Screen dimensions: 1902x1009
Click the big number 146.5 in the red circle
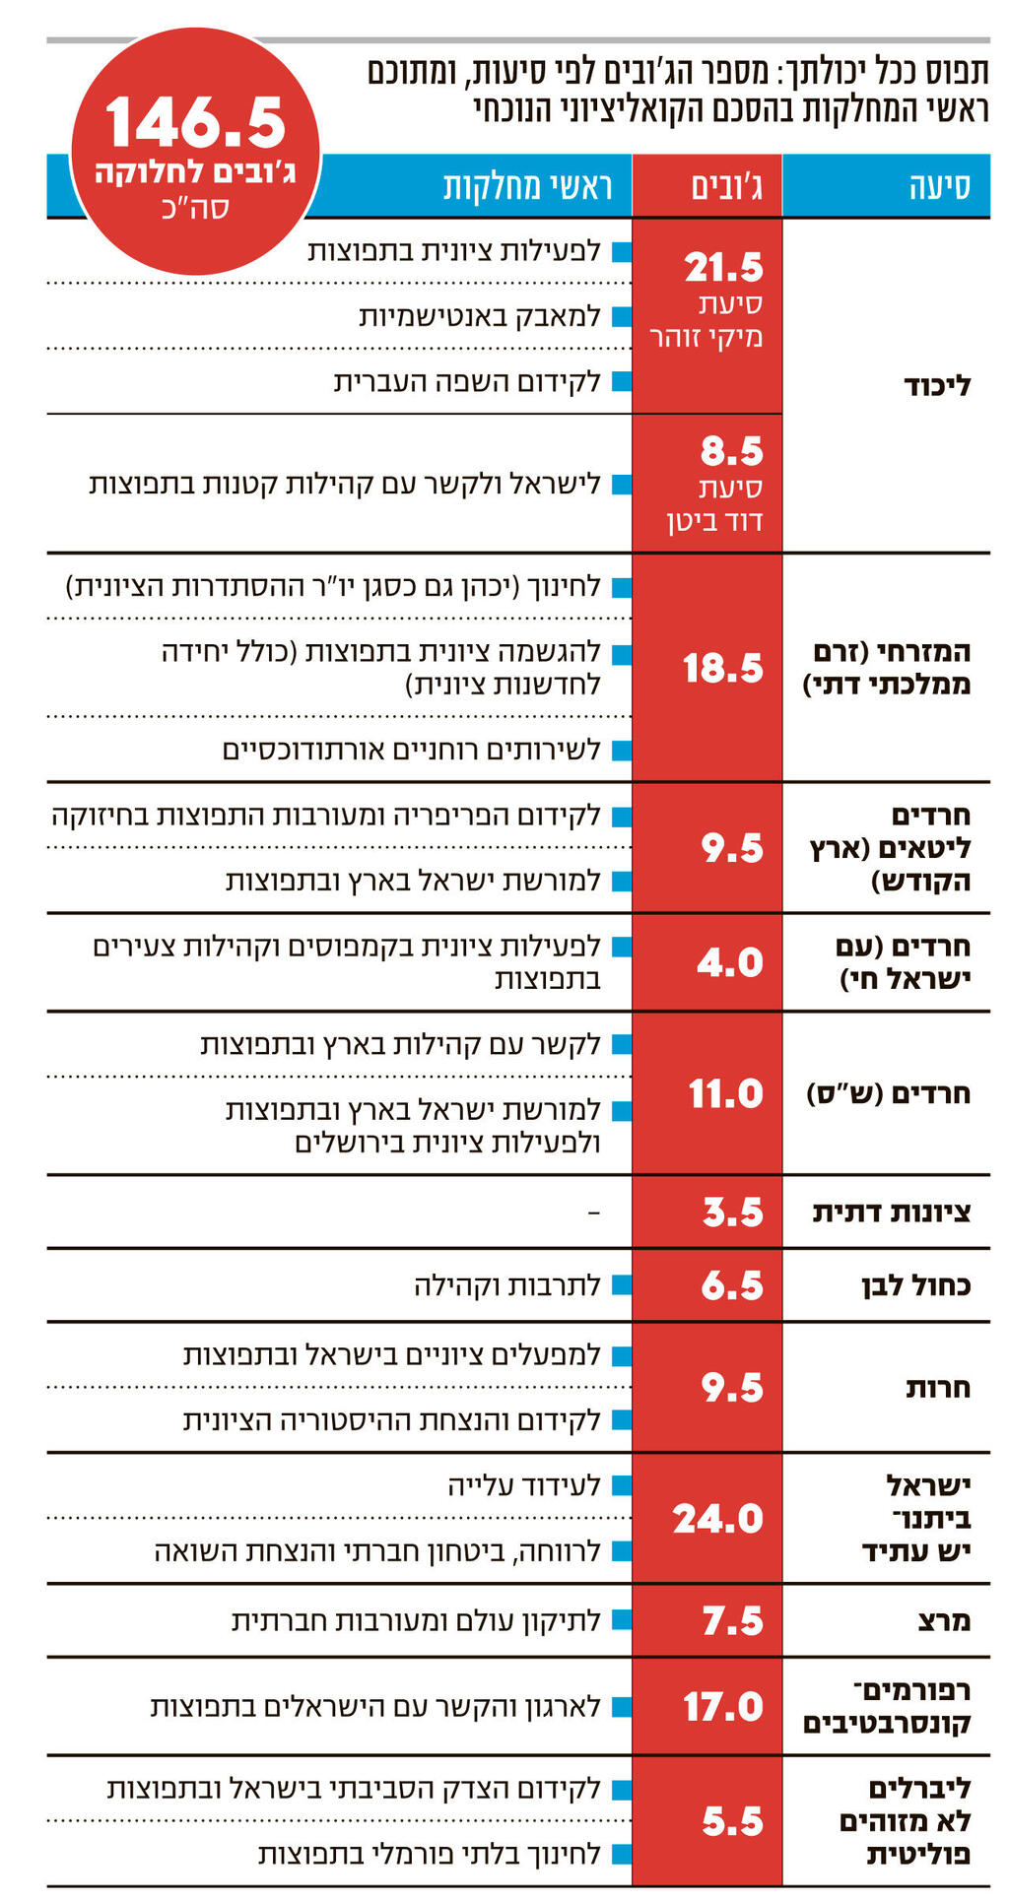(195, 122)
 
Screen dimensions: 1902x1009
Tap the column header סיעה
(939, 186)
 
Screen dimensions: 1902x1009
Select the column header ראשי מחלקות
(527, 186)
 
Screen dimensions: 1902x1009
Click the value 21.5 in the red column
(723, 268)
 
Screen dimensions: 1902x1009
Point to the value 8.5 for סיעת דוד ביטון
(731, 452)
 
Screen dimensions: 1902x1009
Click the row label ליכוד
(937, 386)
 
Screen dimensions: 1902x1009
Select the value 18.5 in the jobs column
(723, 669)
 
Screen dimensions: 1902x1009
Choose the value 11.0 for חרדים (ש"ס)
(725, 1094)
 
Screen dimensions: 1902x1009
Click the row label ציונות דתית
(891, 1213)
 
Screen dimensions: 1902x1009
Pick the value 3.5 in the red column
(732, 1213)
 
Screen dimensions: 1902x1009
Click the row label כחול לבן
(915, 1285)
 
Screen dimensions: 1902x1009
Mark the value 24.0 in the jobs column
(717, 1519)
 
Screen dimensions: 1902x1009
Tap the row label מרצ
(943, 1620)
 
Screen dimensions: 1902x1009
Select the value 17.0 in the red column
(723, 1707)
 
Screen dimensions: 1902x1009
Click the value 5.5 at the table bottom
(732, 1822)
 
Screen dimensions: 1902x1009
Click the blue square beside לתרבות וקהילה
(621, 1285)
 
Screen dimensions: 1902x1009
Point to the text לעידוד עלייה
(524, 1485)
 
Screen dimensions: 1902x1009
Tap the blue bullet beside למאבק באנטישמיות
(621, 317)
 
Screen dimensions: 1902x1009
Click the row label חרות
(938, 1388)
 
